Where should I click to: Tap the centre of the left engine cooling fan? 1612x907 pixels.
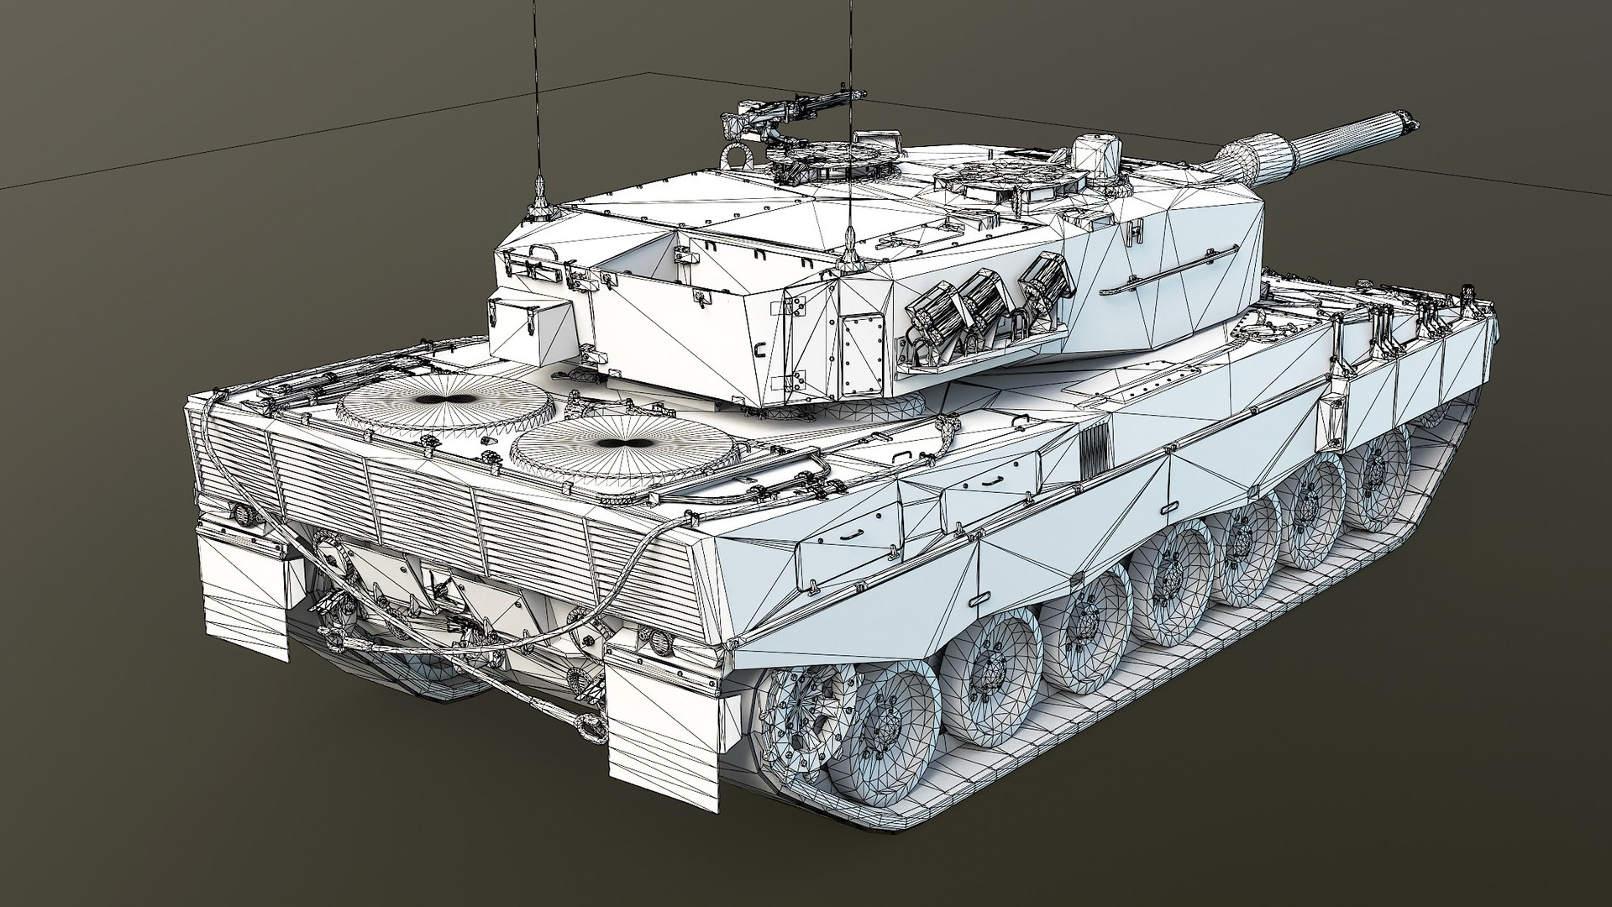click(x=446, y=401)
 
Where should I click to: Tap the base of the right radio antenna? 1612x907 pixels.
click(x=850, y=244)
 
